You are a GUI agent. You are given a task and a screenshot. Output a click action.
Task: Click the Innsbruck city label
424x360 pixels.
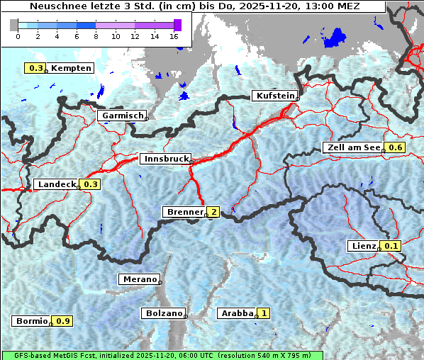click(x=164, y=159)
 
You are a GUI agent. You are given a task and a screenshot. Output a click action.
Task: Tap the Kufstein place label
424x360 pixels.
click(x=274, y=96)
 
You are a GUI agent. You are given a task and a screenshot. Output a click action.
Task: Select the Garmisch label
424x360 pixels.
click(x=122, y=116)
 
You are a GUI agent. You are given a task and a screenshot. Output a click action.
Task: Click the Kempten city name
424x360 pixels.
click(x=71, y=68)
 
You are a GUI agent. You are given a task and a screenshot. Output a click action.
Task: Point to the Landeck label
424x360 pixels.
click(x=56, y=184)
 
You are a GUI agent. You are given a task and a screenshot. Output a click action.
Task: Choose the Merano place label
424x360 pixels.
click(x=139, y=279)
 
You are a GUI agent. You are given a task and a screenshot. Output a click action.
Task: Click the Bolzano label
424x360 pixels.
click(x=163, y=313)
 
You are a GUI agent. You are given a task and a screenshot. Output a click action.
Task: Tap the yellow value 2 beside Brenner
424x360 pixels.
click(x=212, y=212)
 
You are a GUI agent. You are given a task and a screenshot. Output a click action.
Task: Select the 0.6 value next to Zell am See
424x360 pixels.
click(x=395, y=147)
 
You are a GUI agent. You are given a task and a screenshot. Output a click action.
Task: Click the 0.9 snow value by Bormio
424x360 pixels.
click(x=63, y=321)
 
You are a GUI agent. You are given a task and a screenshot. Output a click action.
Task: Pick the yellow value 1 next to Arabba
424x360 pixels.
click(x=264, y=313)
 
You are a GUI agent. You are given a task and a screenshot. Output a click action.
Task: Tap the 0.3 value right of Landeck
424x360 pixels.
click(x=91, y=184)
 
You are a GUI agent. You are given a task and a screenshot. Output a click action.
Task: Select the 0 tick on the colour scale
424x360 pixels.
click(x=17, y=35)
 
